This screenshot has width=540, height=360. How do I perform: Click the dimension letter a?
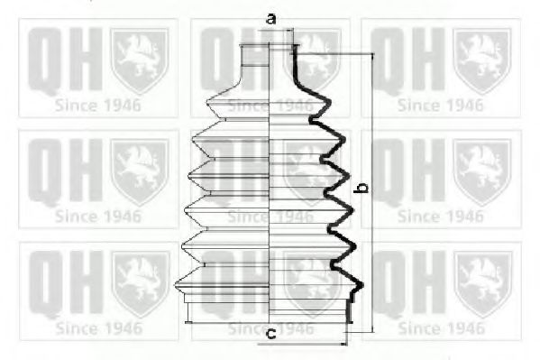[270, 17]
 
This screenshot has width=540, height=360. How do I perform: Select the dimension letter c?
[270, 336]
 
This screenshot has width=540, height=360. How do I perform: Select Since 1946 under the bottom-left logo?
[98, 328]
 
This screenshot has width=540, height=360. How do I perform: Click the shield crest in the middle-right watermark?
[482, 171]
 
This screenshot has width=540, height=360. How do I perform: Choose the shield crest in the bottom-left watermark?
[140, 282]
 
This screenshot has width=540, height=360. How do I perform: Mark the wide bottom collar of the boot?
[270, 311]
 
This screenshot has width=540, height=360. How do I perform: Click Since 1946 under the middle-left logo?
[98, 217]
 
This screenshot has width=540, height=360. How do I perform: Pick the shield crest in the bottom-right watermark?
[482, 282]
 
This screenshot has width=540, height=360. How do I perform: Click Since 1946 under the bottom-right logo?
[441, 328]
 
